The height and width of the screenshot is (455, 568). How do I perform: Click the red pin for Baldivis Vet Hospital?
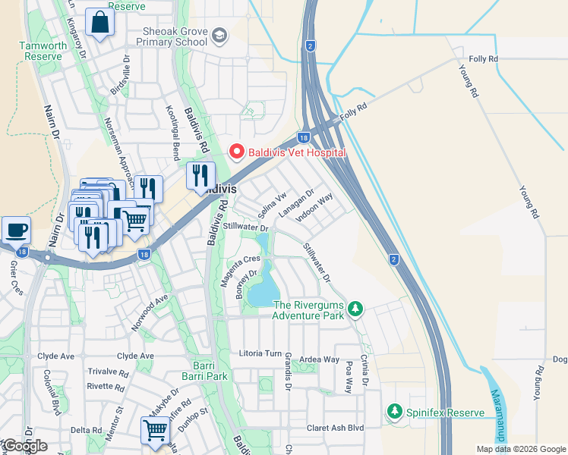point(237,152)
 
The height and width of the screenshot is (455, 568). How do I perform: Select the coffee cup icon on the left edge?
point(15,230)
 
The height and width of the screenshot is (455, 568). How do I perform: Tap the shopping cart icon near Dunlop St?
point(155,430)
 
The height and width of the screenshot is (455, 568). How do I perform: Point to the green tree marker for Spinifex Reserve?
point(394,412)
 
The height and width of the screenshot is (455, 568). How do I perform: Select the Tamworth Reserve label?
point(44,52)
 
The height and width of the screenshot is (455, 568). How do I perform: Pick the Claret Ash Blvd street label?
point(335,428)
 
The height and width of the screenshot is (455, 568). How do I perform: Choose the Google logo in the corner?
point(24,446)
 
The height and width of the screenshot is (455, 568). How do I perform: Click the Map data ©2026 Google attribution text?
point(520,449)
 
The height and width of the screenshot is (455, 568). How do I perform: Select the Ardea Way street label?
point(319,359)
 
